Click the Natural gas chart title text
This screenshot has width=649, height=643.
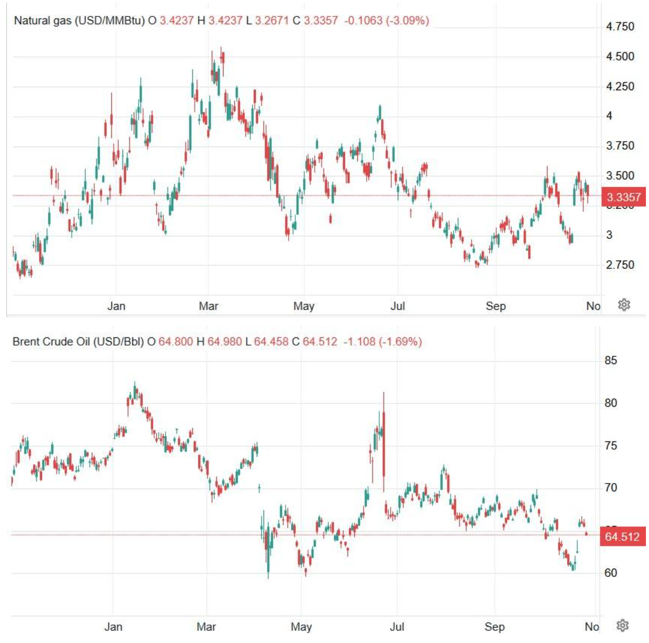(x=79, y=21)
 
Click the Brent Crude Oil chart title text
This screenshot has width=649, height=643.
(x=78, y=341)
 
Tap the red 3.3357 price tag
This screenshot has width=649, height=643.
(x=623, y=197)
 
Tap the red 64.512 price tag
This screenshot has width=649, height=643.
(x=622, y=537)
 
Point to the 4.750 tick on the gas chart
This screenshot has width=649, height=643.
(x=620, y=27)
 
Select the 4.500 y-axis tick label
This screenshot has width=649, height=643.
(x=620, y=56)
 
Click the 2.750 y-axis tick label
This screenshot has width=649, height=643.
(x=620, y=265)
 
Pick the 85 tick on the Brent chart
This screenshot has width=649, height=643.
(x=611, y=360)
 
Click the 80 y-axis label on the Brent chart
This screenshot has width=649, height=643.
(x=611, y=403)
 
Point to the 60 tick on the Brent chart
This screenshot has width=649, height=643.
(x=611, y=573)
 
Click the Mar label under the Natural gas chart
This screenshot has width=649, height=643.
(x=208, y=306)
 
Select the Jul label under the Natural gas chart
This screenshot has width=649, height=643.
(x=398, y=306)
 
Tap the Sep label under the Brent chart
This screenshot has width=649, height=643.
(x=494, y=627)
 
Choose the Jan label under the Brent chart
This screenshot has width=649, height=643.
(x=113, y=627)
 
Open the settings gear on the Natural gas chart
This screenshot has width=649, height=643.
(x=624, y=305)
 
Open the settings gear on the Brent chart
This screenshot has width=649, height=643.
(x=623, y=626)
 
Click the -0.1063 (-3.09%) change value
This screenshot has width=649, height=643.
(x=387, y=21)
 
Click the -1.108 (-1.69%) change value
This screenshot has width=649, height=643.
(x=382, y=341)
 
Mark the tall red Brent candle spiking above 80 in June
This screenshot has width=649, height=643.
(x=383, y=441)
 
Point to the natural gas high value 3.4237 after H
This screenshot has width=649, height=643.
(x=225, y=21)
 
